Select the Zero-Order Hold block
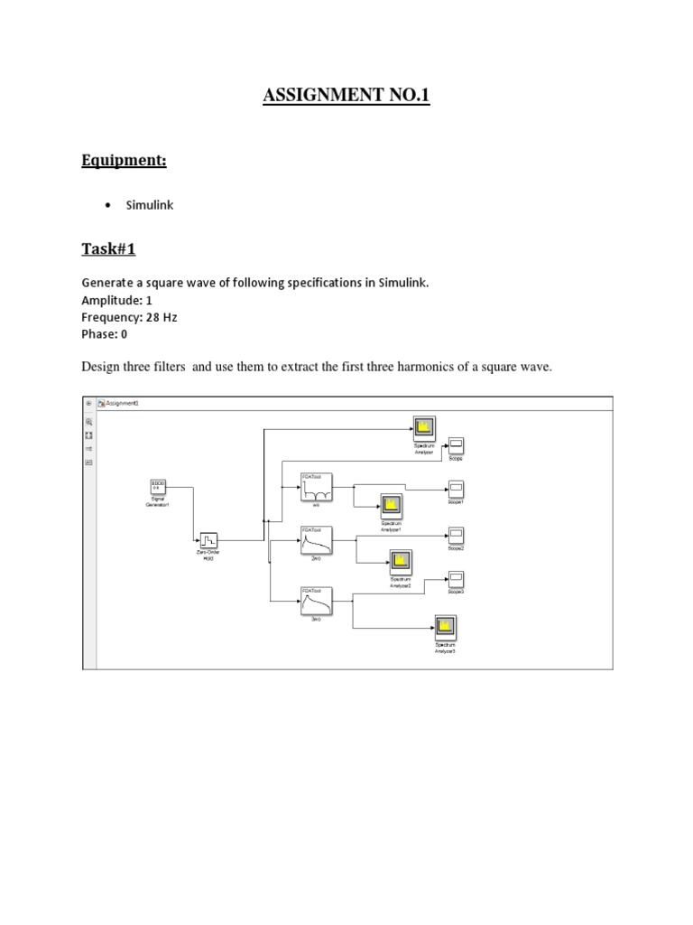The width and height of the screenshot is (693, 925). coord(209,540)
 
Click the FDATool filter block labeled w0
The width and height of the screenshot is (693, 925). coord(315,491)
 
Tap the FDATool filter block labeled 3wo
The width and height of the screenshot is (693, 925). coord(315,603)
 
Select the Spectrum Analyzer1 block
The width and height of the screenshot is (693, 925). coord(390,506)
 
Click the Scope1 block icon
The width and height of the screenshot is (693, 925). coord(457,489)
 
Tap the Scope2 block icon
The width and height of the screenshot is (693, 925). coord(457,535)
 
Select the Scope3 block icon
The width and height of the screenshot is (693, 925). coord(457,578)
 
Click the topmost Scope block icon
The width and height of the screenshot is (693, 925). coord(457,444)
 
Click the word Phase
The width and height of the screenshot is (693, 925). coord(99,333)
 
